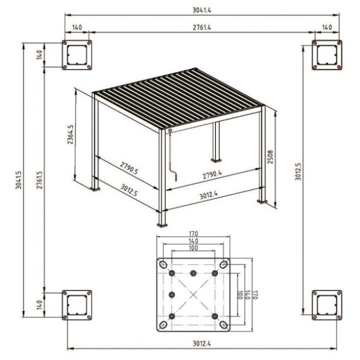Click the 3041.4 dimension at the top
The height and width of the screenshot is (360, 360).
202,10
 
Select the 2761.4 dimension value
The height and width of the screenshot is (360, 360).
202,28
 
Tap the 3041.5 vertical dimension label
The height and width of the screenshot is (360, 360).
19,180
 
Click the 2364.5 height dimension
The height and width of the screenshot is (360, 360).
70,135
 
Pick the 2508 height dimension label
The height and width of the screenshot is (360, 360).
271,157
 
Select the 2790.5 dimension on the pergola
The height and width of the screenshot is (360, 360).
129,168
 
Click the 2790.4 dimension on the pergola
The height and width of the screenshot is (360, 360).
212,174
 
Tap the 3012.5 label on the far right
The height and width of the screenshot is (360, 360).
298,171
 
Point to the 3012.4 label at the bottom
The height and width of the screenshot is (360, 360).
202,344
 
